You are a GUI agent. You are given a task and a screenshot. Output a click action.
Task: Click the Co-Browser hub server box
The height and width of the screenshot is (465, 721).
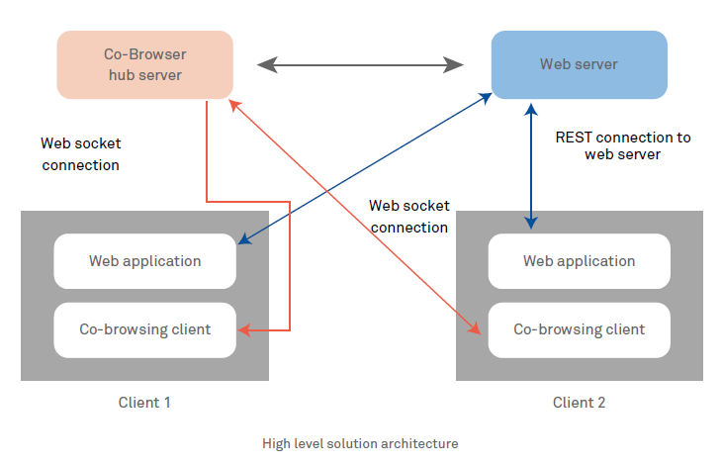coord(144,64)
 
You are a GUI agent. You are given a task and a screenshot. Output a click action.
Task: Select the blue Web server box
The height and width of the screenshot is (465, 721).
coord(579,64)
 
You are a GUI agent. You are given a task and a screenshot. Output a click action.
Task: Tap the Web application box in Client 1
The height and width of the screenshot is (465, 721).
coord(144,261)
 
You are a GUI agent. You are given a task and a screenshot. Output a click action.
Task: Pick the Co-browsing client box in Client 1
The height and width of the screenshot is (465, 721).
coord(144,329)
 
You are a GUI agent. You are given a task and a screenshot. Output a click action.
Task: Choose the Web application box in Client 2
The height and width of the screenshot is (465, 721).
coord(579,261)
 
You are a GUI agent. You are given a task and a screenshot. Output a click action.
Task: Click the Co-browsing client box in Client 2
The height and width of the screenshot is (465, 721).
coord(579,329)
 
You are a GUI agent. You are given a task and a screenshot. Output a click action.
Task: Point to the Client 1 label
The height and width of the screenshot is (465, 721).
coord(144,403)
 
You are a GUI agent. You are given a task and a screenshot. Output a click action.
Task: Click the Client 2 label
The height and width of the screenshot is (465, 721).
coord(579,403)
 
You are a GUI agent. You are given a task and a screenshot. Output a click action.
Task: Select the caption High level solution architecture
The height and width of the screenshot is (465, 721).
coord(360,443)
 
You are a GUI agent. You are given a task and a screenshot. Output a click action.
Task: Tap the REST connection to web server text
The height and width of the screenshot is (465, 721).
coord(623,145)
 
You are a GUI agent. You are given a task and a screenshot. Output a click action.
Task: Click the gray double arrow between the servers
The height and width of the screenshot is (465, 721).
coord(360,65)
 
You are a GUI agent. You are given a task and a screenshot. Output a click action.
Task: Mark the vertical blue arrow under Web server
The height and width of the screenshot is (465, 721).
coord(532,163)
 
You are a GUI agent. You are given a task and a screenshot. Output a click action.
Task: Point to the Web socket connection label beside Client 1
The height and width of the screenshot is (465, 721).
coord(81,154)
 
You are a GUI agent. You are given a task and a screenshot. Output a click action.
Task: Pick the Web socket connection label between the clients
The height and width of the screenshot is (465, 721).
coord(408,216)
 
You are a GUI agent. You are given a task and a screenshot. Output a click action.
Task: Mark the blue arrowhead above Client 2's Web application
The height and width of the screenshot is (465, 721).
coord(532,222)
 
